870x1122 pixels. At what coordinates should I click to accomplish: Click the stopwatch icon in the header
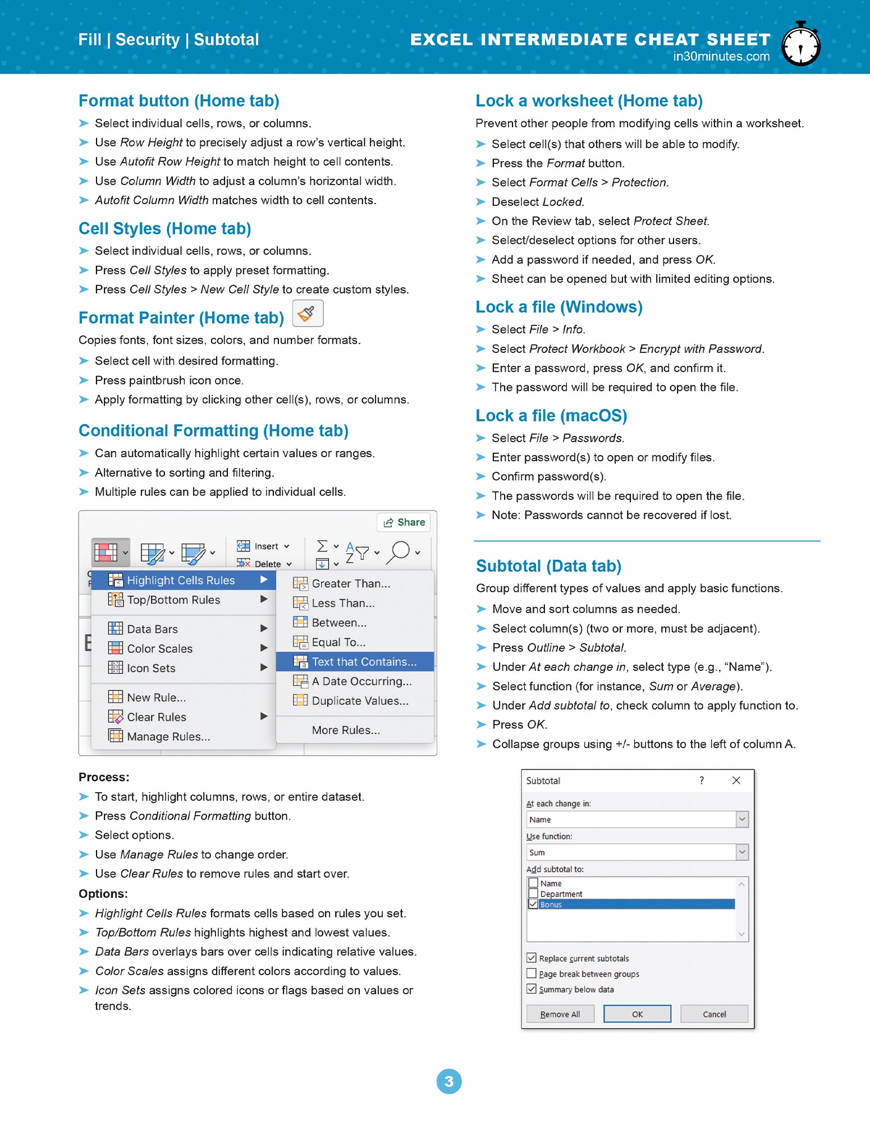801,45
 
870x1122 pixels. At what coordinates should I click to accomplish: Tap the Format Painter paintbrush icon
308,313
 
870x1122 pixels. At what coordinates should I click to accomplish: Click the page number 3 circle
448,1081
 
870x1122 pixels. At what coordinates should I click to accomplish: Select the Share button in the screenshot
404,522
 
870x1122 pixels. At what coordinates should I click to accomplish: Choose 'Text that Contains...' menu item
364,661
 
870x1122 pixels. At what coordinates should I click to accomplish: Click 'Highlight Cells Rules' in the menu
181,580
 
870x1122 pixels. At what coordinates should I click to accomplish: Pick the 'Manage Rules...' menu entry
168,736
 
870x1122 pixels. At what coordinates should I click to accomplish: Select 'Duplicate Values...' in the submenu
360,701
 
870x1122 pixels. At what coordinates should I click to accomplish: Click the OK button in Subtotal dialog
637,1014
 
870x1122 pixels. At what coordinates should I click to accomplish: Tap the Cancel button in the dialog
714,1014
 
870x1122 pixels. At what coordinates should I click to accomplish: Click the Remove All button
560,1014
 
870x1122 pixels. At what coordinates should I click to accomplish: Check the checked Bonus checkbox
533,904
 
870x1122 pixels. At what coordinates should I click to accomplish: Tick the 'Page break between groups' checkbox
532,973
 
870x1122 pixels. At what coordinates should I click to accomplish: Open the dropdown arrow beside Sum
742,852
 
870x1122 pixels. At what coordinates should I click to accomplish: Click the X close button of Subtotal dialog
736,780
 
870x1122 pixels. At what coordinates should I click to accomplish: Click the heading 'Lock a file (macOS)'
551,416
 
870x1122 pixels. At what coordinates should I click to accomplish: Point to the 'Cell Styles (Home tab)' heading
164,229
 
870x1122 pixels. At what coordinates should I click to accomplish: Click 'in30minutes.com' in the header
721,56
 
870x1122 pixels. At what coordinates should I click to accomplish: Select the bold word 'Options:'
103,893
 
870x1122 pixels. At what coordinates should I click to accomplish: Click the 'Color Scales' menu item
159,649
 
